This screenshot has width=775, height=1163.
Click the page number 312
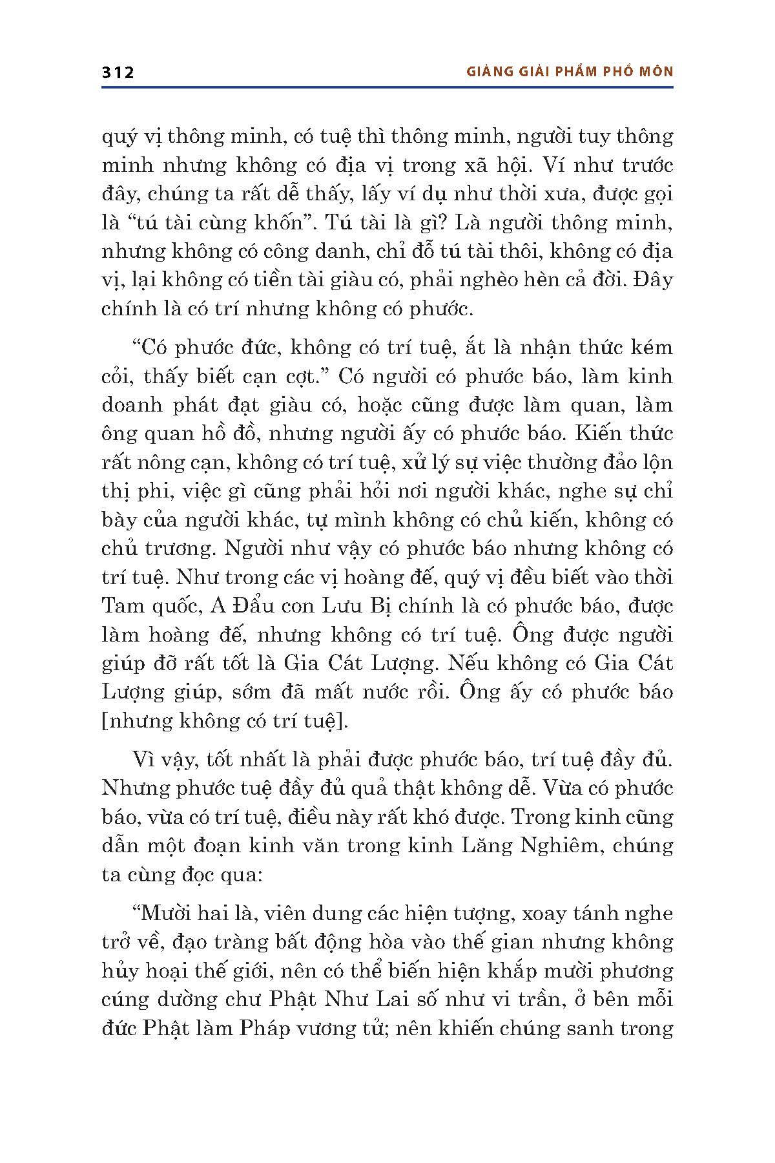point(118,72)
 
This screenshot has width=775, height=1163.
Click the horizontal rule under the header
point(387,87)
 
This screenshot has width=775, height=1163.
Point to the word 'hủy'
point(119,971)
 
